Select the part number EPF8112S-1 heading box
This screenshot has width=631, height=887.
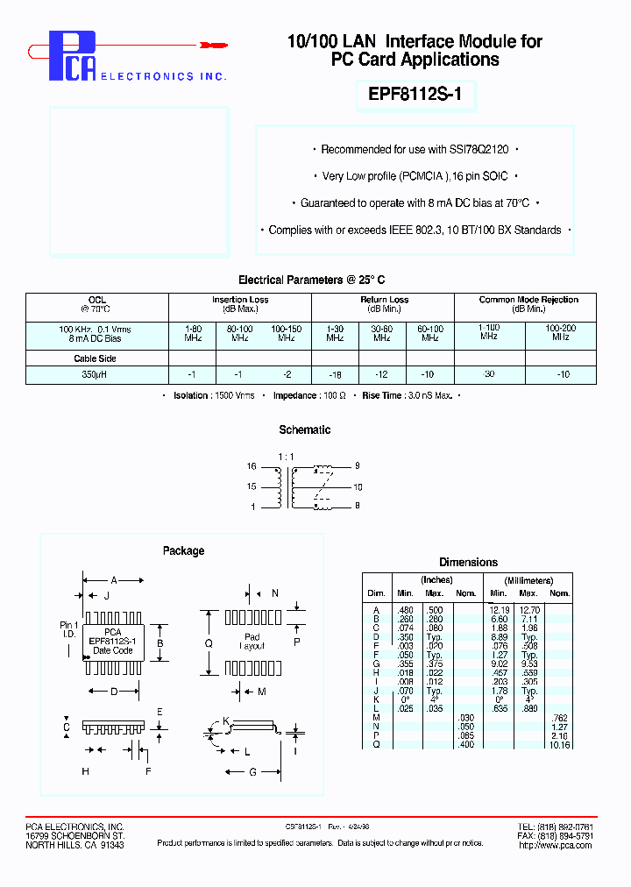click(x=415, y=96)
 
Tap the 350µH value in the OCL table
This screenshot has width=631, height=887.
click(x=96, y=374)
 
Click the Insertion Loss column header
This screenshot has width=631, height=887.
click(x=240, y=300)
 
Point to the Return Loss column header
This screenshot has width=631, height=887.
click(x=384, y=300)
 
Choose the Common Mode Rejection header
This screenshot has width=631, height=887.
click(x=528, y=300)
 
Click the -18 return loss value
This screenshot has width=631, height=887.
click(x=335, y=374)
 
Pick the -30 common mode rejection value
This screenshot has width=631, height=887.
click(x=488, y=374)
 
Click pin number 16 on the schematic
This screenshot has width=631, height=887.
click(x=252, y=467)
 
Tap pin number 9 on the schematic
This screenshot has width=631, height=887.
click(x=357, y=466)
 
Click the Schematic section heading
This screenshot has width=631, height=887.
click(x=304, y=429)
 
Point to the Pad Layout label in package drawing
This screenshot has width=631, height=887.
click(x=252, y=642)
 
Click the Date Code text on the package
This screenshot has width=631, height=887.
click(x=113, y=650)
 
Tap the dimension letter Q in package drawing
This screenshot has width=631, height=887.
click(x=209, y=642)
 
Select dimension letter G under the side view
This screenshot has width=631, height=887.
click(x=252, y=771)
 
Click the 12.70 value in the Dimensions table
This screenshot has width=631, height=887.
click(x=528, y=609)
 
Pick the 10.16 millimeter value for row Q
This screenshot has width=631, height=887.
click(x=558, y=744)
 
